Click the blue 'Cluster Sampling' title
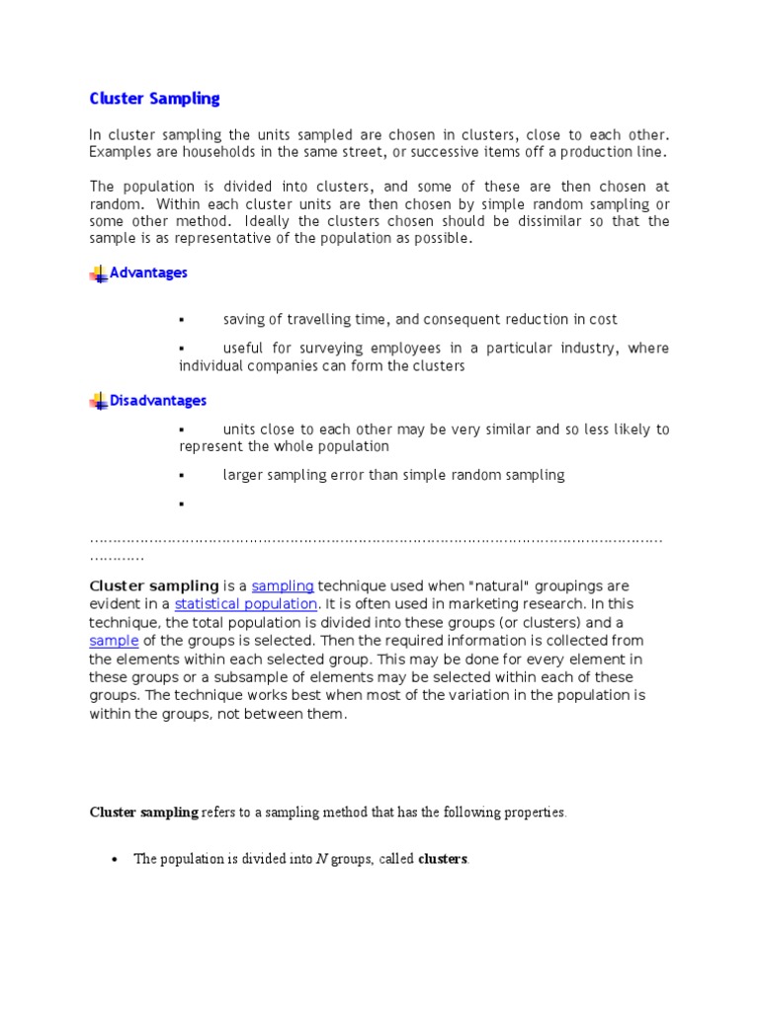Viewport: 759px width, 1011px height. tap(154, 99)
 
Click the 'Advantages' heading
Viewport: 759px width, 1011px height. tap(148, 272)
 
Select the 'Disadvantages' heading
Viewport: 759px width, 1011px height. tap(158, 401)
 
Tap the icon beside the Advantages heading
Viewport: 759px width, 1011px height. tap(98, 273)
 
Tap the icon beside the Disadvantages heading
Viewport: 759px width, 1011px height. tap(98, 401)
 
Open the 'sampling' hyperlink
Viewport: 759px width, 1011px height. tap(283, 586)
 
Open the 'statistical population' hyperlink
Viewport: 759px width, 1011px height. tap(246, 604)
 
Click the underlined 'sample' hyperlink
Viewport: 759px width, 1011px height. tap(114, 641)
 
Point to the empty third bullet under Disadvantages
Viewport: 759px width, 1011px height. tap(182, 505)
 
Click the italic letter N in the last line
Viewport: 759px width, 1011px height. tap(321, 859)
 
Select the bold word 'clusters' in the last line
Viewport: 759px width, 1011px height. tap(443, 859)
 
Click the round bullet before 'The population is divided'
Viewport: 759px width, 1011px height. tap(115, 860)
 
